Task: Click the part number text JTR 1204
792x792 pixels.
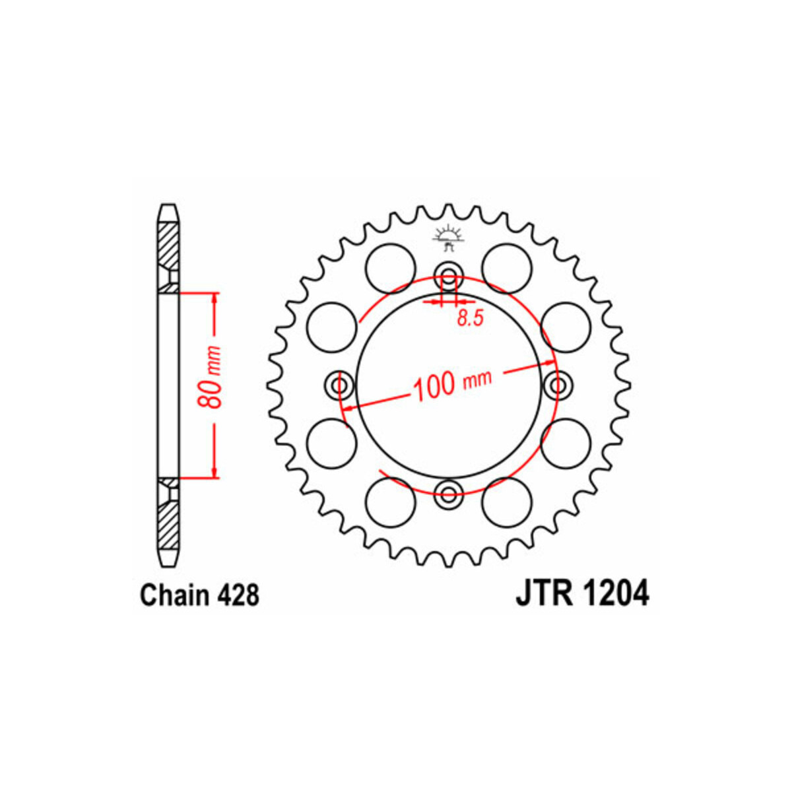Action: coord(582,593)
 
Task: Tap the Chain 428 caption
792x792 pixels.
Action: coord(200,595)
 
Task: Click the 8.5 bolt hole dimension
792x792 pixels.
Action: coord(471,318)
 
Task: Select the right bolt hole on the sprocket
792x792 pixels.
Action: coord(559,385)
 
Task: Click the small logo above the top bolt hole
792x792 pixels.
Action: coord(448,239)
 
